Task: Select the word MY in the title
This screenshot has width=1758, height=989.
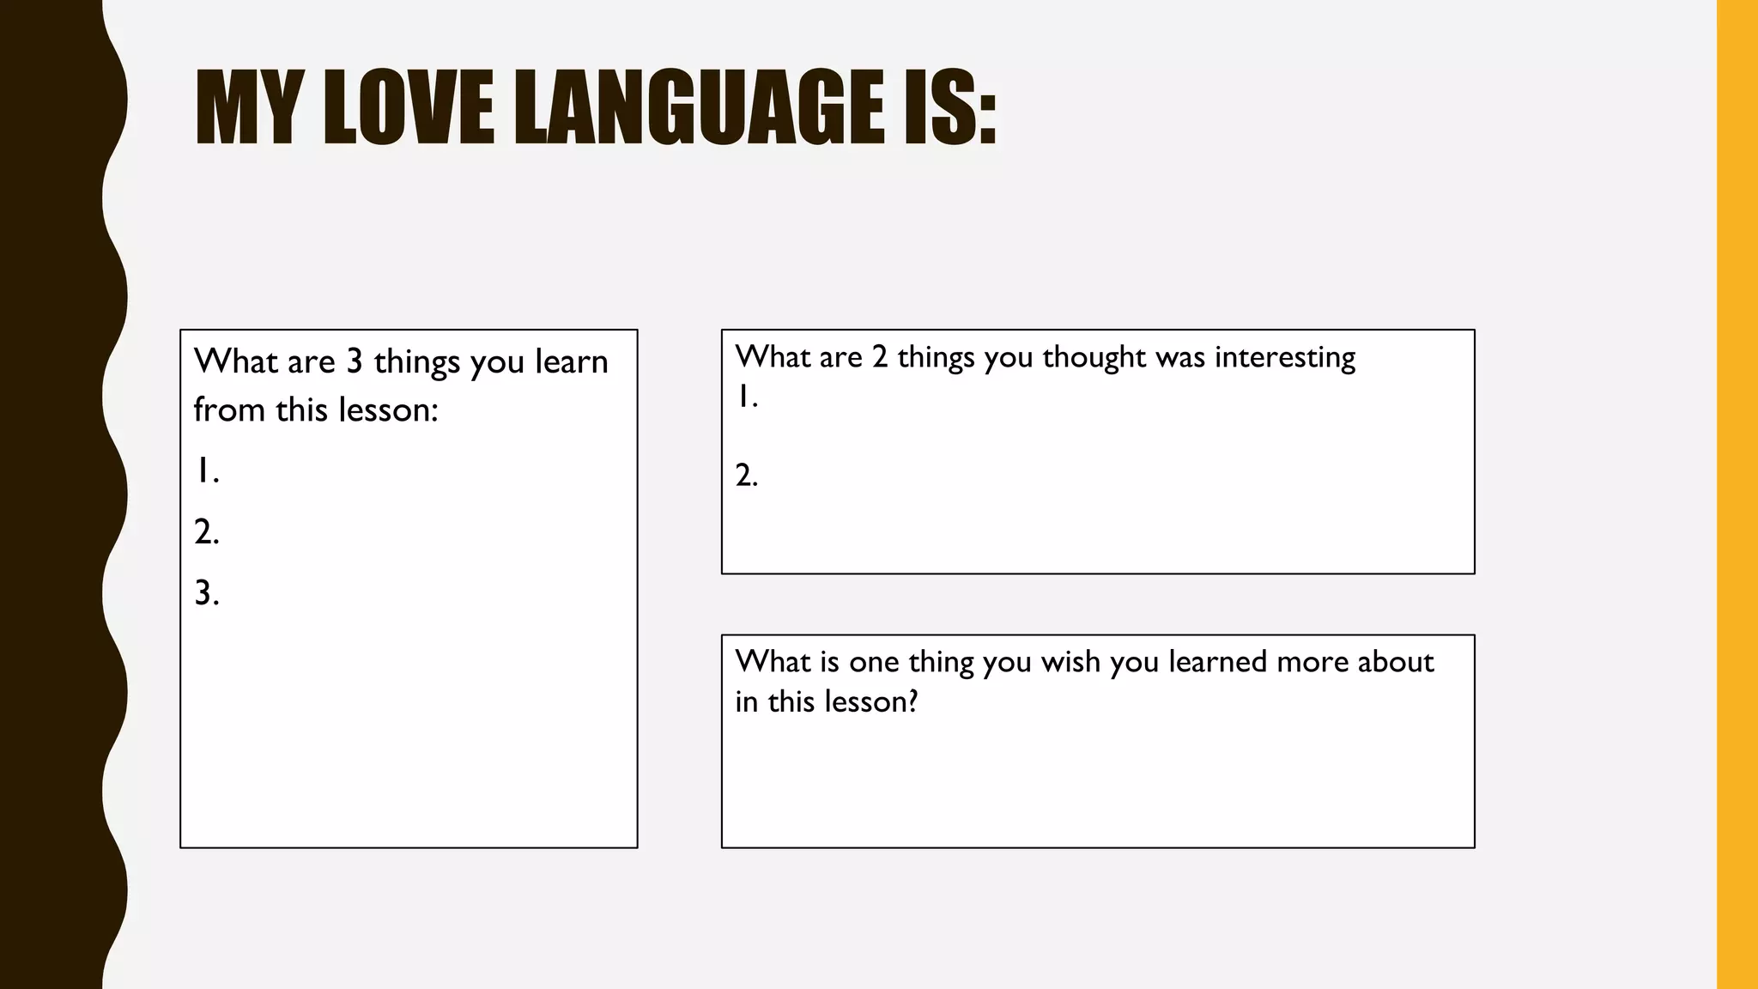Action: tap(248, 107)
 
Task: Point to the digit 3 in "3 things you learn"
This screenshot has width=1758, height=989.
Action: tap(355, 361)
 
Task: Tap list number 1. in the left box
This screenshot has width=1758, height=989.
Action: tap(207, 470)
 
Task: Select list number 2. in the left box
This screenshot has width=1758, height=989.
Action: tap(207, 532)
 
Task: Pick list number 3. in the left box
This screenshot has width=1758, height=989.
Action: tap(207, 593)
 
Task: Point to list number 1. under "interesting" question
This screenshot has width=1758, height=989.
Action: tap(747, 397)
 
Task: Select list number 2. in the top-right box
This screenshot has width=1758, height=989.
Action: tap(747, 475)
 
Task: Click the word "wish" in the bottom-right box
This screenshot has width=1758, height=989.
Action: tap(1070, 662)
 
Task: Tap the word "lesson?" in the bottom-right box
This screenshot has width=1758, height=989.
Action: tap(870, 702)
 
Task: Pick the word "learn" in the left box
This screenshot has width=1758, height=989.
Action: tap(571, 361)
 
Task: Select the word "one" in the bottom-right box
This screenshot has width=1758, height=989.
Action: tap(874, 662)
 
